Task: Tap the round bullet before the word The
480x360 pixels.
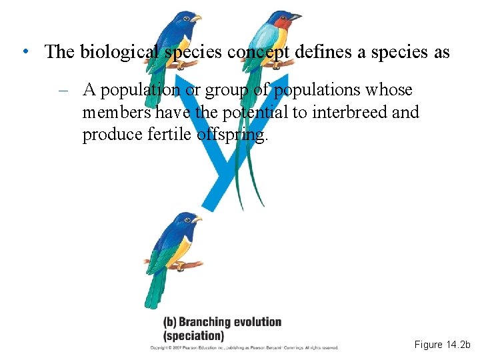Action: [x=24, y=51]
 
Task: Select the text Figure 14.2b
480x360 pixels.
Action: [x=442, y=345]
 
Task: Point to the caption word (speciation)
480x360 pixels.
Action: [x=194, y=336]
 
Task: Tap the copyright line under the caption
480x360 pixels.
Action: [x=243, y=348]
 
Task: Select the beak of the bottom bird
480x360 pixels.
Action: [x=197, y=219]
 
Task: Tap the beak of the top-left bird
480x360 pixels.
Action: [x=196, y=19]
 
